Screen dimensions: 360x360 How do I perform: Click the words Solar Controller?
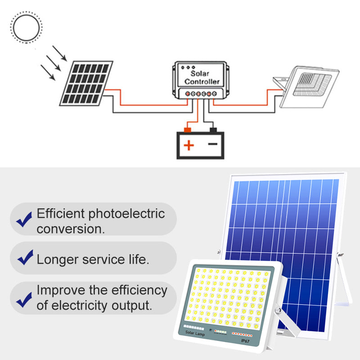coord(202,77)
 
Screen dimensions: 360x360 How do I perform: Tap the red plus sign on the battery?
coord(189,145)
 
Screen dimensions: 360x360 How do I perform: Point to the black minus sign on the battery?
coord(212,144)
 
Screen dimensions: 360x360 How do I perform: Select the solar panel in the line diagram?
coord(86,83)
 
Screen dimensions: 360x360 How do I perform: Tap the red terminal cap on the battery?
coord(188,130)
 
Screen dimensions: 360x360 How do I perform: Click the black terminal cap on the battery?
coord(213,130)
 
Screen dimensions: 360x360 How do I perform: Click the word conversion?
coord(71,229)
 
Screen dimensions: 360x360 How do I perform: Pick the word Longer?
coord(58,260)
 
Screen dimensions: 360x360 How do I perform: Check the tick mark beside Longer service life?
coord(26,257)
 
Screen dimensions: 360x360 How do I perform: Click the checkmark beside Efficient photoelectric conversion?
coord(24,220)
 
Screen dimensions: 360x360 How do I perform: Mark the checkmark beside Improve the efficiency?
coord(24,300)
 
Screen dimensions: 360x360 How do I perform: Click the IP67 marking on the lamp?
coord(245,341)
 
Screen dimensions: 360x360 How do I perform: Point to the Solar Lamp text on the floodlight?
coord(195,333)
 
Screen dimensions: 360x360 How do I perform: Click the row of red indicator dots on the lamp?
coord(242,334)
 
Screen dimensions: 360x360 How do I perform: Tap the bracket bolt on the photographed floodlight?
coord(279,310)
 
